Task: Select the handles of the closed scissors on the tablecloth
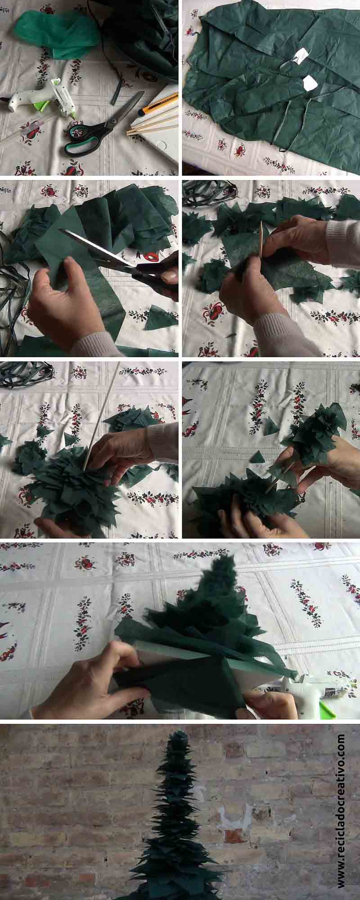(x=81, y=137)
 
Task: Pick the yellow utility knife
(x=157, y=102)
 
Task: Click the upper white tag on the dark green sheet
(x=301, y=55)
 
